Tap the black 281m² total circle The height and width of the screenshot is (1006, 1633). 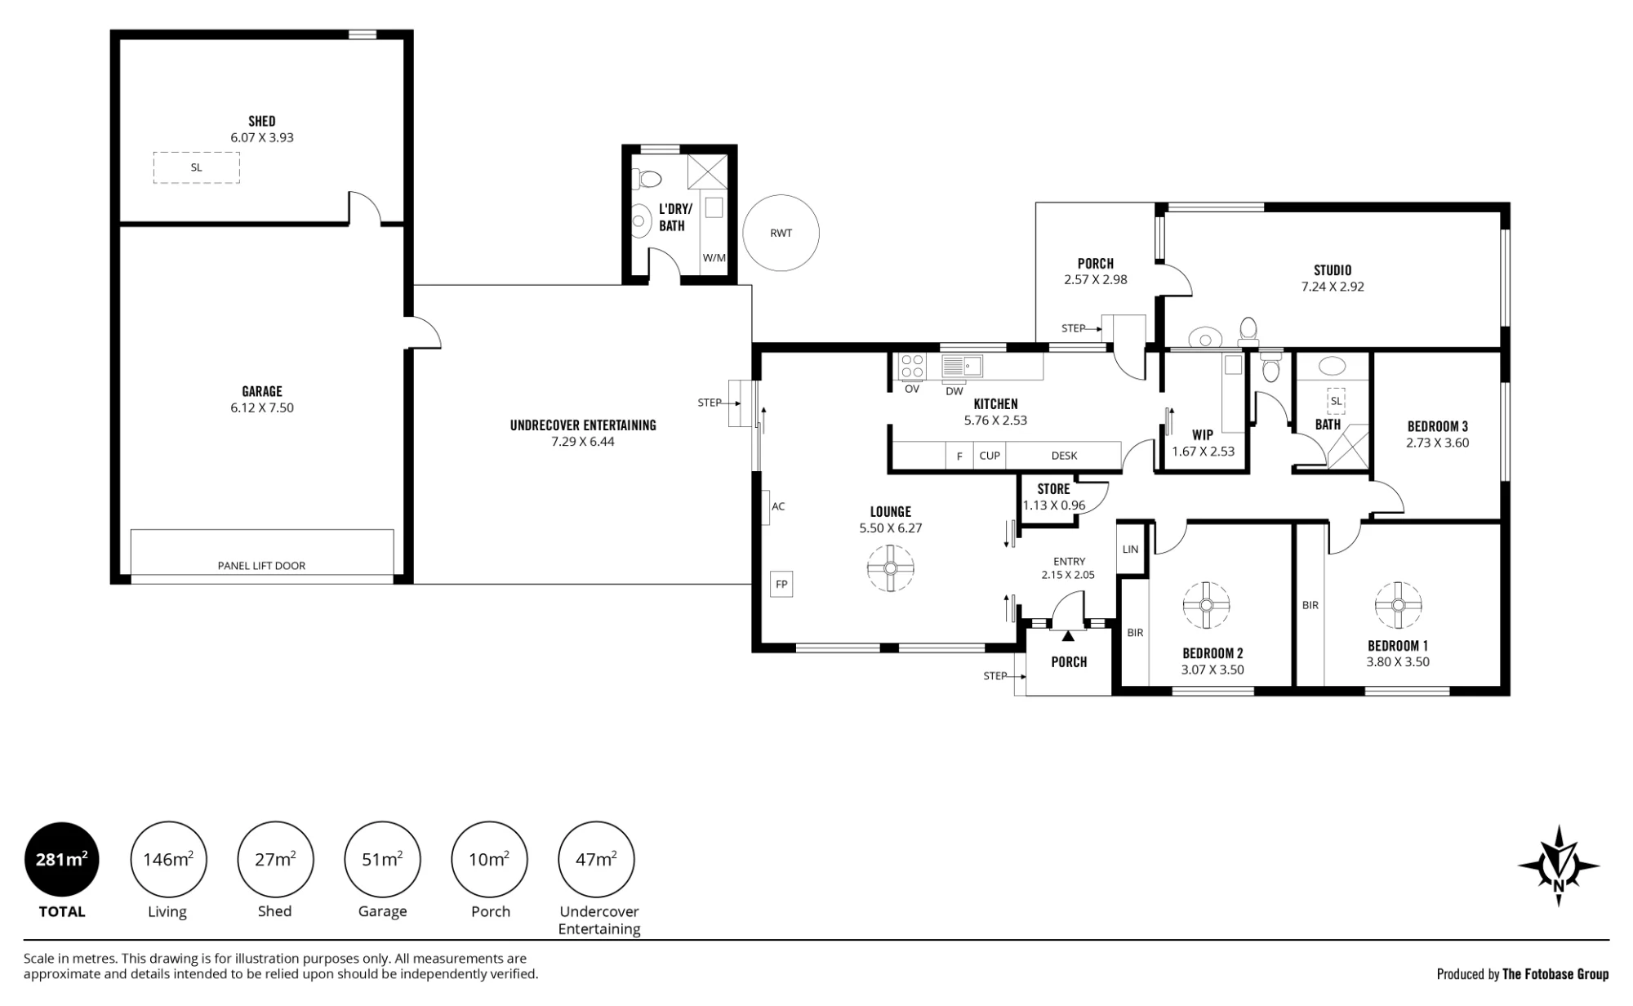[62, 860]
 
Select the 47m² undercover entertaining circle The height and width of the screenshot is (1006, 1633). [596, 860]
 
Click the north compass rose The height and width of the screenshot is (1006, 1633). [1558, 866]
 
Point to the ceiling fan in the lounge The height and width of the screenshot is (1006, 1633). [890, 568]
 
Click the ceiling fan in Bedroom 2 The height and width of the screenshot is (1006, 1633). [1206, 605]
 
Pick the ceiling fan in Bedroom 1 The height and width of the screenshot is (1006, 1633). [1398, 605]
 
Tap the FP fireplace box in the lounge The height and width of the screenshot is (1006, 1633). [781, 585]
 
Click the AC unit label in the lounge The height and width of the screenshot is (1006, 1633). [778, 506]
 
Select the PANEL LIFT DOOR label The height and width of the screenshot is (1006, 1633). [261, 566]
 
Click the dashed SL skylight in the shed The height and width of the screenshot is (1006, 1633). [196, 167]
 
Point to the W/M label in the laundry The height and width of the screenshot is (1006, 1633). [714, 258]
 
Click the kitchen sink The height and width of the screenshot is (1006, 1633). [963, 365]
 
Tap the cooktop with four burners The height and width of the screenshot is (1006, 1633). [912, 367]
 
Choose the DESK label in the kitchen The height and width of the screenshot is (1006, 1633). [1064, 456]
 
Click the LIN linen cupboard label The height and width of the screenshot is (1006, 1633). [1130, 550]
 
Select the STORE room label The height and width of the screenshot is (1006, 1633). [1053, 489]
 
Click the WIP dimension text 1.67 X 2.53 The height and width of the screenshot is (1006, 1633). [1203, 452]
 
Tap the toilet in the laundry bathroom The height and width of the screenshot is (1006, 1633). [647, 179]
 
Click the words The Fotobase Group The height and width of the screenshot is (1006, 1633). [1555, 973]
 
